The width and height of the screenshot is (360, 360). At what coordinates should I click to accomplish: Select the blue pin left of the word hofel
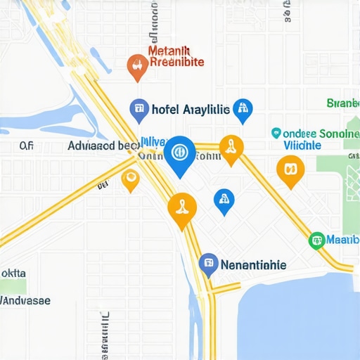(139, 108)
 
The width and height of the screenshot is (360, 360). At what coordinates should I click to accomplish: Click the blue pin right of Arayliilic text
(243, 109)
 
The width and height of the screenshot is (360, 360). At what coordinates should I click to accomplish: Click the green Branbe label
(343, 103)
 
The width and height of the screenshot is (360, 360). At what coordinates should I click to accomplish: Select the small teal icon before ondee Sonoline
(276, 132)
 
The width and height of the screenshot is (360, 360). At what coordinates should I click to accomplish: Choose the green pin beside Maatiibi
(317, 240)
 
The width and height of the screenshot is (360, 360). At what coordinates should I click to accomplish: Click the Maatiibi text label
(343, 240)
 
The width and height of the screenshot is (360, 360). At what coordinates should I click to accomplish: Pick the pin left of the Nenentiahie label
(208, 264)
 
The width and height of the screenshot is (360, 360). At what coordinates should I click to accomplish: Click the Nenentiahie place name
(253, 265)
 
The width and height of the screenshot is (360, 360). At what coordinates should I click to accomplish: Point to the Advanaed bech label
(103, 146)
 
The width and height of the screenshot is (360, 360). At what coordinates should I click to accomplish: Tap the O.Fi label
(27, 146)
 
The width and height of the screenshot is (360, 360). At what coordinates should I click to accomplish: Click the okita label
(13, 273)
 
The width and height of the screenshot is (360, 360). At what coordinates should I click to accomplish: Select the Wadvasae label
(25, 300)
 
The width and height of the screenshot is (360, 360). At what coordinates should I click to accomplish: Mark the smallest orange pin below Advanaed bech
(130, 179)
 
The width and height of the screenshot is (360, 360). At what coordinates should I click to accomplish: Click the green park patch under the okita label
(13, 287)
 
